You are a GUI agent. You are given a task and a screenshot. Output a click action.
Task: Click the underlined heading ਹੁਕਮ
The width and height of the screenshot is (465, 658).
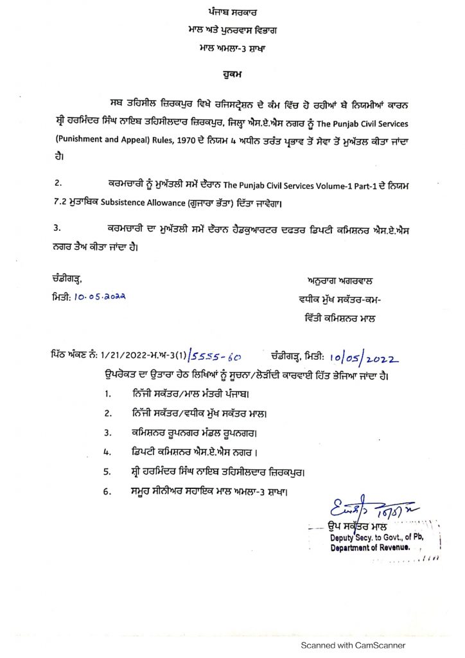(232, 76)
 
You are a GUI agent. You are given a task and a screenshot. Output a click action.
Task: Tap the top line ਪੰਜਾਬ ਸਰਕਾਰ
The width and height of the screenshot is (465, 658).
(232, 13)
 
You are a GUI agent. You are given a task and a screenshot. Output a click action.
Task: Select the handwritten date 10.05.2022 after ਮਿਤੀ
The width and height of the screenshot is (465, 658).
(100, 296)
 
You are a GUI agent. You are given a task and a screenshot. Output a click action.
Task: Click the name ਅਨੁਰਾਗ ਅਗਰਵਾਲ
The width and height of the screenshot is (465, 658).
(341, 281)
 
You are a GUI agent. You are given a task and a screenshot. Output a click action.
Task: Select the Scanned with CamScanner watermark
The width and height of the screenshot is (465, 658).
(354, 645)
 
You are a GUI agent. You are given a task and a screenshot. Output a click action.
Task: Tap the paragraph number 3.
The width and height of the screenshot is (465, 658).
(57, 227)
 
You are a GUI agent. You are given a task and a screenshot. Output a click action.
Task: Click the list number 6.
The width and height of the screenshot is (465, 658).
(109, 492)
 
